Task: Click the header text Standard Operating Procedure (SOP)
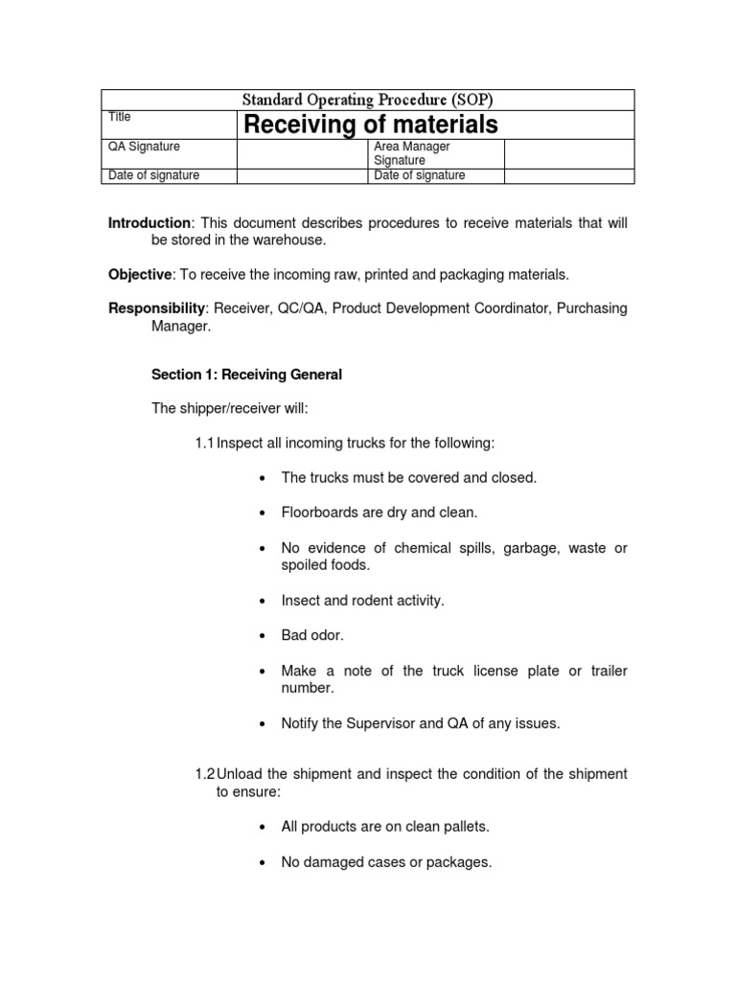pyautogui.click(x=368, y=101)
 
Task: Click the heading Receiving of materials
pyautogui.click(x=370, y=125)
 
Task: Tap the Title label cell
pyautogui.click(x=120, y=117)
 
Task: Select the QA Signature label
pyautogui.click(x=144, y=147)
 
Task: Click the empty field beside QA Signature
pyautogui.click(x=302, y=153)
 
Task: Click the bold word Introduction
pyautogui.click(x=149, y=223)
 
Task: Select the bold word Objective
pyautogui.click(x=139, y=275)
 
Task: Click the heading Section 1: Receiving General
pyautogui.click(x=246, y=375)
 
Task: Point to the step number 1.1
pyautogui.click(x=204, y=443)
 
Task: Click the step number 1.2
pyautogui.click(x=204, y=774)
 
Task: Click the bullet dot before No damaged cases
pyautogui.click(x=262, y=863)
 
